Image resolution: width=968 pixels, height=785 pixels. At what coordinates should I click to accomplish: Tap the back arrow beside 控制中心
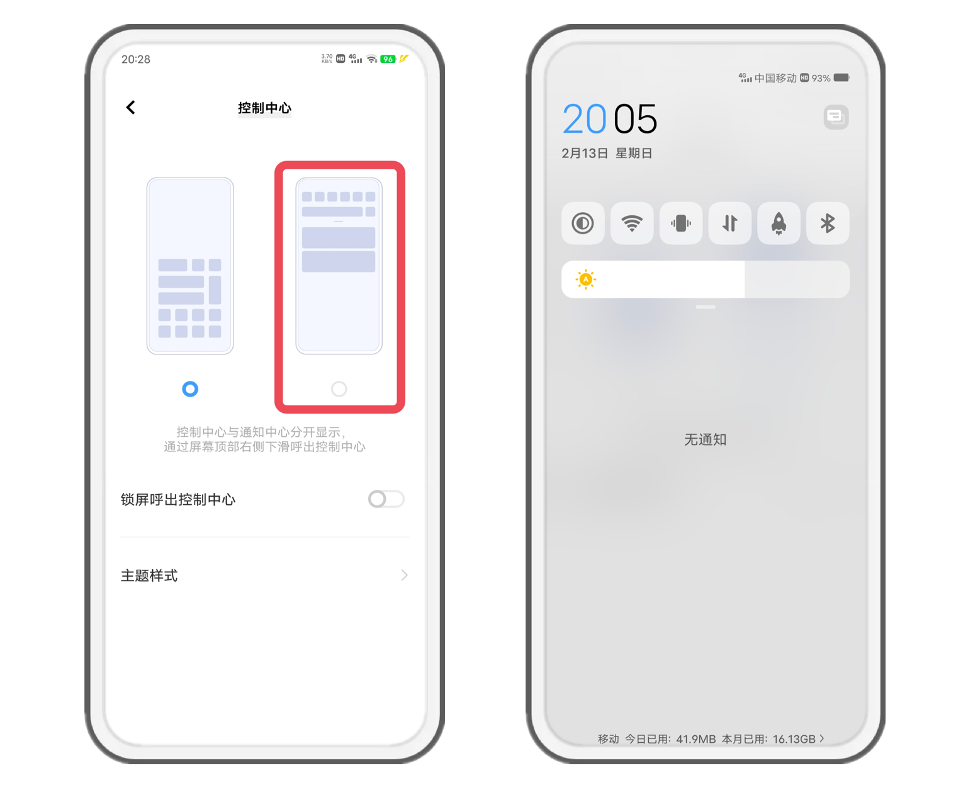pyautogui.click(x=130, y=107)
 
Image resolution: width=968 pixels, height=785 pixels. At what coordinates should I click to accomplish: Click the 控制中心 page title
pyautogui.click(x=264, y=108)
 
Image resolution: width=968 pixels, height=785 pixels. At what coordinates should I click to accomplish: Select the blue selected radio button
pyautogui.click(x=190, y=388)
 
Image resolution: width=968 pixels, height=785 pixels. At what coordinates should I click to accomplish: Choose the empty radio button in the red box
pyautogui.click(x=339, y=388)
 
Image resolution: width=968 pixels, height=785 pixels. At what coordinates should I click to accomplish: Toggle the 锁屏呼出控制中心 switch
pyautogui.click(x=386, y=499)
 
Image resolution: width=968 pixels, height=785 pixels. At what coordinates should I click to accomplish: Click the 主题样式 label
pyautogui.click(x=149, y=575)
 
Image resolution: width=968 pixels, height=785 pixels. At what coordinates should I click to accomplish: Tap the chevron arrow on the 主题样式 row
pyautogui.click(x=404, y=575)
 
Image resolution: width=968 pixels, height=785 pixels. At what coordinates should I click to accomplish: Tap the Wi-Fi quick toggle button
pyautogui.click(x=631, y=223)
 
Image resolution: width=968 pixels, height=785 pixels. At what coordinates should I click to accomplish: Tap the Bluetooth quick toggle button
pyautogui.click(x=827, y=223)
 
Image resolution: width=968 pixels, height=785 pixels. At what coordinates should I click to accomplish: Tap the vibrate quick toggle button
pyautogui.click(x=680, y=223)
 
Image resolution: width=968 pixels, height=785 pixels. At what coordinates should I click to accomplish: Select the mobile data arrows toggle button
pyautogui.click(x=729, y=223)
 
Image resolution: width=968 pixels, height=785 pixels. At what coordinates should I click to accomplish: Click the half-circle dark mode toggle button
pyautogui.click(x=583, y=223)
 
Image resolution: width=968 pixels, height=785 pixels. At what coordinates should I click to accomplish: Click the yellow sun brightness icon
pyautogui.click(x=585, y=279)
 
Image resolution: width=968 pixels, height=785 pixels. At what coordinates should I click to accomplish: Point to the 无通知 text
pyautogui.click(x=705, y=439)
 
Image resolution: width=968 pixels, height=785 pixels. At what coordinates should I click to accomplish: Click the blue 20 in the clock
pyautogui.click(x=584, y=118)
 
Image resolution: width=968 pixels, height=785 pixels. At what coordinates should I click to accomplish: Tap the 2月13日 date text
pyautogui.click(x=585, y=153)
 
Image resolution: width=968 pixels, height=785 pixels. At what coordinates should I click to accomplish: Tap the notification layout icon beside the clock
pyautogui.click(x=836, y=117)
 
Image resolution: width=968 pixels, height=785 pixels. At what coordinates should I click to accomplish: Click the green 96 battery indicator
pyautogui.click(x=387, y=59)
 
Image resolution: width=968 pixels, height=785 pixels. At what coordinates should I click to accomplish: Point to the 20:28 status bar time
pyautogui.click(x=135, y=59)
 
